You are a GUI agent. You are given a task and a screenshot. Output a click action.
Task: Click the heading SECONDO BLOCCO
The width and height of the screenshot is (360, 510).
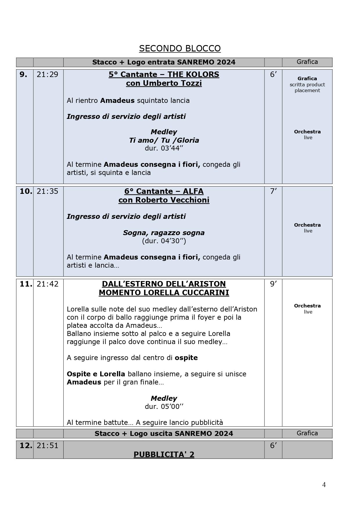(180, 48)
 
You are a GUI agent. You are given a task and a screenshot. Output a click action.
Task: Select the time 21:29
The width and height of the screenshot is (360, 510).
(47, 74)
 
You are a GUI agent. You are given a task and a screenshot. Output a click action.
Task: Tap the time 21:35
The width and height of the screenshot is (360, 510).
(47, 191)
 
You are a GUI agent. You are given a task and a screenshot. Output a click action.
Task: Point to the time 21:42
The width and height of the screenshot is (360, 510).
(47, 284)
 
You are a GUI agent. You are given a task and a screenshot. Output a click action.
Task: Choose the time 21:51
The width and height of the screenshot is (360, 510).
(47, 445)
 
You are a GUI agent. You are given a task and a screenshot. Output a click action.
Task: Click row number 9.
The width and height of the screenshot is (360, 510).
(24, 74)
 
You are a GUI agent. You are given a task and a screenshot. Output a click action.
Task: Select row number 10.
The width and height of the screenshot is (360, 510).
(26, 191)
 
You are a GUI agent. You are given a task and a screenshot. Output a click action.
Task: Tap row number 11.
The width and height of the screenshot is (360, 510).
(26, 284)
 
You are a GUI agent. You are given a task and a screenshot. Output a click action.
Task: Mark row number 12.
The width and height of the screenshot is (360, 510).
(26, 445)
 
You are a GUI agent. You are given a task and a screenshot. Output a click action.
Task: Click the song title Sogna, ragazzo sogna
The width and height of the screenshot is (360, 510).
(164, 233)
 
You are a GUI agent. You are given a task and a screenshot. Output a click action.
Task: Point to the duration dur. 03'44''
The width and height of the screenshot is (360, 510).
(164, 148)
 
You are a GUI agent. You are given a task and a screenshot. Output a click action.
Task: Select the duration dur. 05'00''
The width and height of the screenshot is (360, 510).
(164, 406)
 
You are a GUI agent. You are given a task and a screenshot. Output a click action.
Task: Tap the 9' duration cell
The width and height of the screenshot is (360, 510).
(273, 284)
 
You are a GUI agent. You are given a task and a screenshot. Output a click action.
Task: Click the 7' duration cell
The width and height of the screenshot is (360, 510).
(273, 191)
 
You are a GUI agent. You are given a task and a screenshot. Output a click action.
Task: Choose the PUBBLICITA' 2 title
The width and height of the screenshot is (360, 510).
(164, 454)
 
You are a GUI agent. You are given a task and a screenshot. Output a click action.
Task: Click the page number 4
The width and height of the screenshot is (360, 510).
(324, 485)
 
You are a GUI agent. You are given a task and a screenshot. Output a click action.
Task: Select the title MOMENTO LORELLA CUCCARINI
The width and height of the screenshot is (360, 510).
(164, 293)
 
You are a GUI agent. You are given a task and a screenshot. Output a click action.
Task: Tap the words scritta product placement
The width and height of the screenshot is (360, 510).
(307, 87)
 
